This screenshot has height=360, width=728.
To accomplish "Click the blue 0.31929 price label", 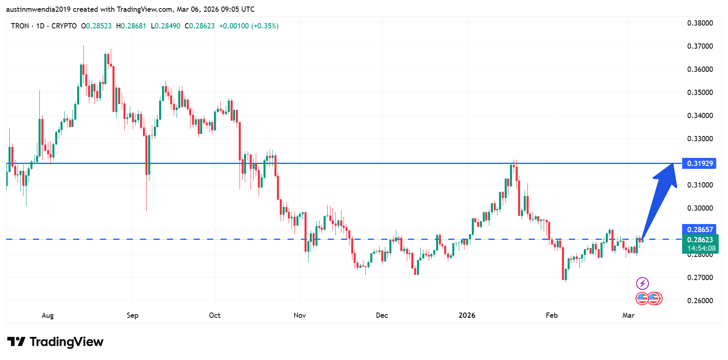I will tap(699, 164).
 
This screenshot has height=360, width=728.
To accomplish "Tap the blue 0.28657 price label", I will tap(699, 229).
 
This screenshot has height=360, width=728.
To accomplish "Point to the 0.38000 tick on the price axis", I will tap(700, 23).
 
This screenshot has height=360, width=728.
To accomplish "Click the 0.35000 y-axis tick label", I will tap(700, 93).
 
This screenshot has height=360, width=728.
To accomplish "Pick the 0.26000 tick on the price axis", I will tap(700, 301).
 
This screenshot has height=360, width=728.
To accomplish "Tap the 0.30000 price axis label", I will tap(700, 208).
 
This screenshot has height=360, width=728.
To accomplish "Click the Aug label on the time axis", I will tap(48, 315).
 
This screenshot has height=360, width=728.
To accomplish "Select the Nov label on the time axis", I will tap(300, 315).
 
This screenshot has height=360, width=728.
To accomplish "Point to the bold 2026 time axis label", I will tap(467, 315).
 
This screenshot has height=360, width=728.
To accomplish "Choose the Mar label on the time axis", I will tap(628, 315).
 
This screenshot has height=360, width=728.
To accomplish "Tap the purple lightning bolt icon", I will tap(642, 283).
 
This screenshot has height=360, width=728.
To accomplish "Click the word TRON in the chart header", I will tap(20, 26).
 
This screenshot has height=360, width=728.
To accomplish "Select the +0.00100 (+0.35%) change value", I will tap(248, 26).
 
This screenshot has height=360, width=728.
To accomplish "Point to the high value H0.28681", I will tap(131, 26).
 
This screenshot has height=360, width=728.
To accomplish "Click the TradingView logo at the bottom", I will tap(55, 342).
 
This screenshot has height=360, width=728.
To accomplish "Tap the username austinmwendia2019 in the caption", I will tap(38, 9).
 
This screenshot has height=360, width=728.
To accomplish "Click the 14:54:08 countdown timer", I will tap(701, 248).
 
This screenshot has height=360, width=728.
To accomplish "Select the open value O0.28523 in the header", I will tap(96, 26).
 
